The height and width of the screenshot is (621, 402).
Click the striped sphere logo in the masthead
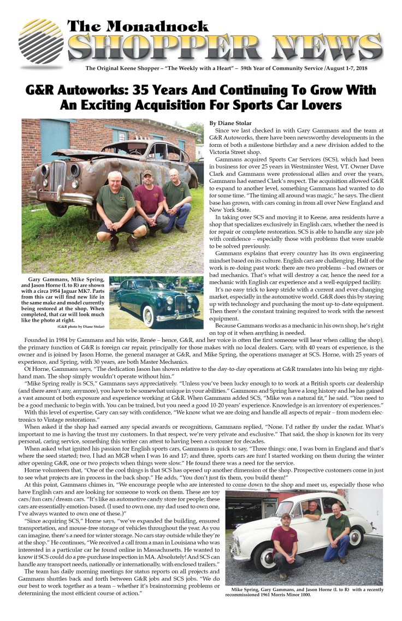coord(40,43)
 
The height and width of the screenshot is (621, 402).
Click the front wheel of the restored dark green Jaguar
coord(146,316)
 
